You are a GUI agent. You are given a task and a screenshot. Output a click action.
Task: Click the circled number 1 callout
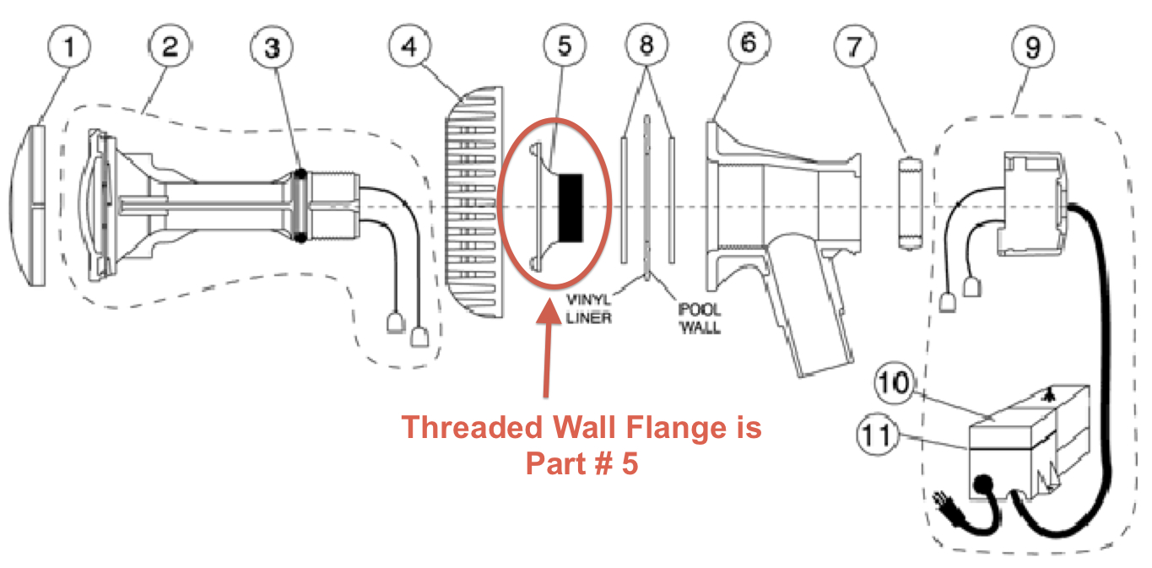tap(69, 46)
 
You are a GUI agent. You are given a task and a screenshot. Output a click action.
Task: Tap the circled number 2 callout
tap(170, 46)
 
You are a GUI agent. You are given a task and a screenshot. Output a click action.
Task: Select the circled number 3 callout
tap(272, 47)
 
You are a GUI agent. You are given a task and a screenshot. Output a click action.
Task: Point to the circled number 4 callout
tap(410, 46)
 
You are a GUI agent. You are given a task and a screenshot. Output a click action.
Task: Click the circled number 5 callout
tap(565, 46)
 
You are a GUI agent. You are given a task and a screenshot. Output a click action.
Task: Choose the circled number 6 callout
tap(749, 43)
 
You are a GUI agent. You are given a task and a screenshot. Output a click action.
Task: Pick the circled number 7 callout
tap(855, 46)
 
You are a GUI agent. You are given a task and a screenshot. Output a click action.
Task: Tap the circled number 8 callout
tap(647, 45)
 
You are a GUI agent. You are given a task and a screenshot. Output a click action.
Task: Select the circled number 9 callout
tap(1033, 46)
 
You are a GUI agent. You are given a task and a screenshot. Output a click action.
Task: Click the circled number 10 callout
tap(895, 382)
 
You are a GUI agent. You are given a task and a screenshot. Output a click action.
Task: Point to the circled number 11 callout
tap(878, 435)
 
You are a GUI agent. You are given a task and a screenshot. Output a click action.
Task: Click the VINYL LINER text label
tap(589, 309)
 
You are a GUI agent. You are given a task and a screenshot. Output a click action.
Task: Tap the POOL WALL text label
tap(700, 318)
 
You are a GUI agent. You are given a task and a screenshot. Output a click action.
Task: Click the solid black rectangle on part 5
tap(571, 208)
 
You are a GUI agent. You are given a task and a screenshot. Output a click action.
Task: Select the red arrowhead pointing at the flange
tap(549, 311)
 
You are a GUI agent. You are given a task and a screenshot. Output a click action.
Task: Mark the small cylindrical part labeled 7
tap(910, 203)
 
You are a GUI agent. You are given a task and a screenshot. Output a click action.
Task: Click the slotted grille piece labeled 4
tap(474, 203)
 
